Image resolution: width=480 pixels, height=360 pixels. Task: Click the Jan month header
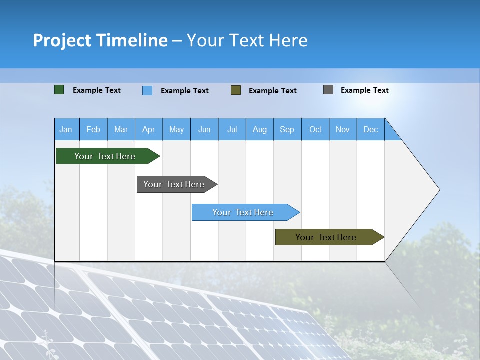(x=66, y=129)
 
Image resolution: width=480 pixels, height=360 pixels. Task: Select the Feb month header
(x=93, y=129)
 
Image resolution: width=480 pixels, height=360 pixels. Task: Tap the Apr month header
(x=149, y=129)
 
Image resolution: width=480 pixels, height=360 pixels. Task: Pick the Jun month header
(x=204, y=129)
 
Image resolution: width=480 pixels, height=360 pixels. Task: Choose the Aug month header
(x=260, y=129)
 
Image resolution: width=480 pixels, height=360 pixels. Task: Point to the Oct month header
(x=315, y=129)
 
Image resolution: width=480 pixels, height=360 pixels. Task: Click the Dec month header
(x=371, y=129)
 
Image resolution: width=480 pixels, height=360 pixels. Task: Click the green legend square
(x=59, y=90)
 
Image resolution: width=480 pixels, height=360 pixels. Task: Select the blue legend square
(x=147, y=90)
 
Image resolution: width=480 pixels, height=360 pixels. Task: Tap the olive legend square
(x=236, y=90)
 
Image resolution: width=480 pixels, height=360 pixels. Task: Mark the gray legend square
(x=328, y=90)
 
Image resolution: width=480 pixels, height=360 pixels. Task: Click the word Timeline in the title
(x=131, y=40)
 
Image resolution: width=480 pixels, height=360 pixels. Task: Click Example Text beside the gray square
(x=364, y=90)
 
